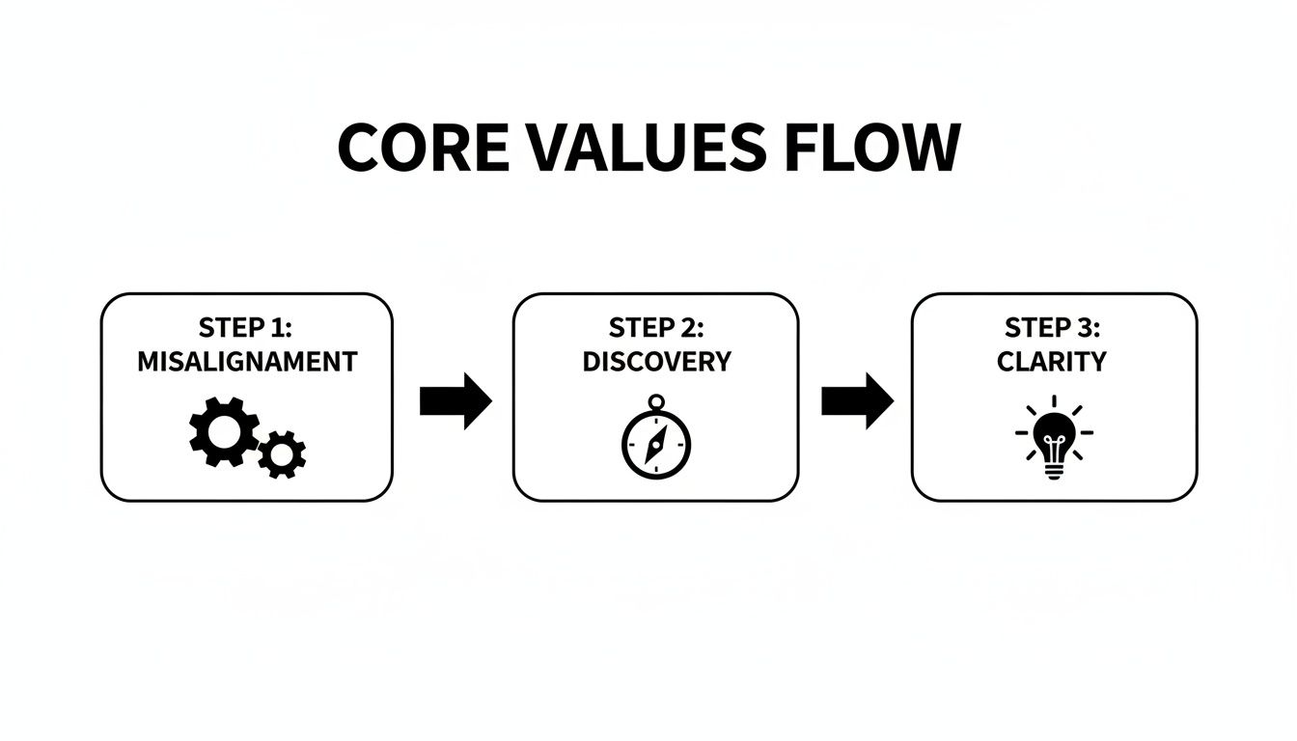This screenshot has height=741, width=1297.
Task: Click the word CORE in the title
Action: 422,148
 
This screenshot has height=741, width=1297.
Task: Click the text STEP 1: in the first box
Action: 246,328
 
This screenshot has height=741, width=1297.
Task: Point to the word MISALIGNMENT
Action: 247,363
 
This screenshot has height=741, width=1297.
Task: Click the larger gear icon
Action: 224,430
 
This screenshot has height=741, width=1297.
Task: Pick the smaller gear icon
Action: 283,453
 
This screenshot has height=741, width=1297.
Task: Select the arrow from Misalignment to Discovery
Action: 455,400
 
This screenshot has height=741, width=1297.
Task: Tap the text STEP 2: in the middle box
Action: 656,328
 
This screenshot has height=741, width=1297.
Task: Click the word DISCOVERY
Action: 656,363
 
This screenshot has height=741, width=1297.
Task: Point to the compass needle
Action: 656,445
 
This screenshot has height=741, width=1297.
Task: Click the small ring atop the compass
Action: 656,400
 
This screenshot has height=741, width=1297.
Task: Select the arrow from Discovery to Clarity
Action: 857,400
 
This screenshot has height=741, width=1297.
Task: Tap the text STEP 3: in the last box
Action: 1053,328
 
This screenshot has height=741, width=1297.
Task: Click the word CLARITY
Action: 1053,363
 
